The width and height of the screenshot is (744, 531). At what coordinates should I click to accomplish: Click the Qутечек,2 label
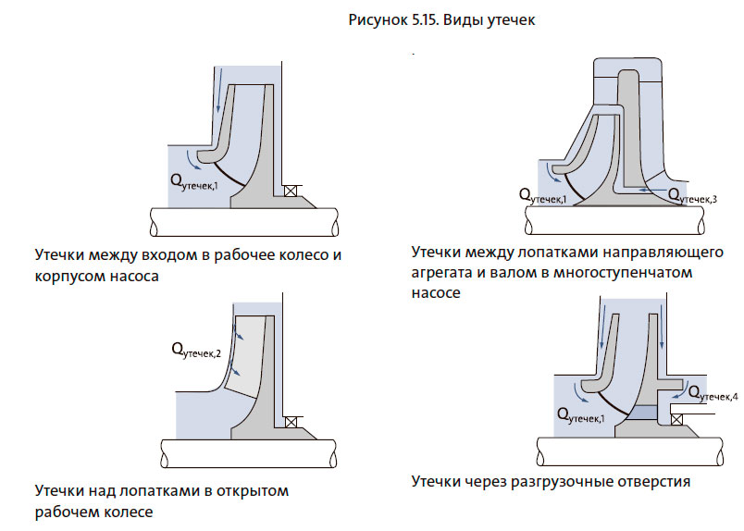(195, 351)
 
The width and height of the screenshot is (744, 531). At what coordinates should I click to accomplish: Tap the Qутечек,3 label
(692, 195)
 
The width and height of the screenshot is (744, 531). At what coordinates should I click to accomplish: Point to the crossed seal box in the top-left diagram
(291, 191)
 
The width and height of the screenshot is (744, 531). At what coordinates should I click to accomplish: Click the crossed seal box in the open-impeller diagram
(291, 422)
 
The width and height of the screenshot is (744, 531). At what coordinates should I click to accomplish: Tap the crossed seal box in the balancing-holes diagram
(676, 419)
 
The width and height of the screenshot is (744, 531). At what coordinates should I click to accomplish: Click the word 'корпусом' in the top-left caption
(68, 276)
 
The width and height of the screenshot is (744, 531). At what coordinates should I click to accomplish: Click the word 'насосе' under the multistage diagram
(435, 292)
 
